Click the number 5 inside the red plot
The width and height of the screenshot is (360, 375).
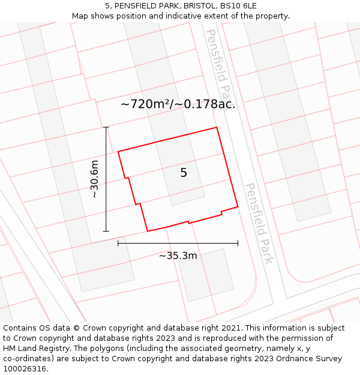184,173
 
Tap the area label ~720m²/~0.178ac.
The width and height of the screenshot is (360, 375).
178,104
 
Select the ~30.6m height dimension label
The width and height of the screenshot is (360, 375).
94,179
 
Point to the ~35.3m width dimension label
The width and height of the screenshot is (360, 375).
178,256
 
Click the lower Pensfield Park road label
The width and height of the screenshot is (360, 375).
259,223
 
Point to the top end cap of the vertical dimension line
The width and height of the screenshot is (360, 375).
106,127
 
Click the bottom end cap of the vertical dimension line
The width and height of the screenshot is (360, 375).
106,231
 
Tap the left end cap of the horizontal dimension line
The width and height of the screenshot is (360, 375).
118,243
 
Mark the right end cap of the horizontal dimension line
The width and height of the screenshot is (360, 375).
238,243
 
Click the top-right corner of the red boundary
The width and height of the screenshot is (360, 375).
217,127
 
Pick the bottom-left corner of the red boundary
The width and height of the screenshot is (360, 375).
148,231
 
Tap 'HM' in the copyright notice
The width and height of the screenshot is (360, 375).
10,349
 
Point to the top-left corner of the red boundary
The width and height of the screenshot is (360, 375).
118,152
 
